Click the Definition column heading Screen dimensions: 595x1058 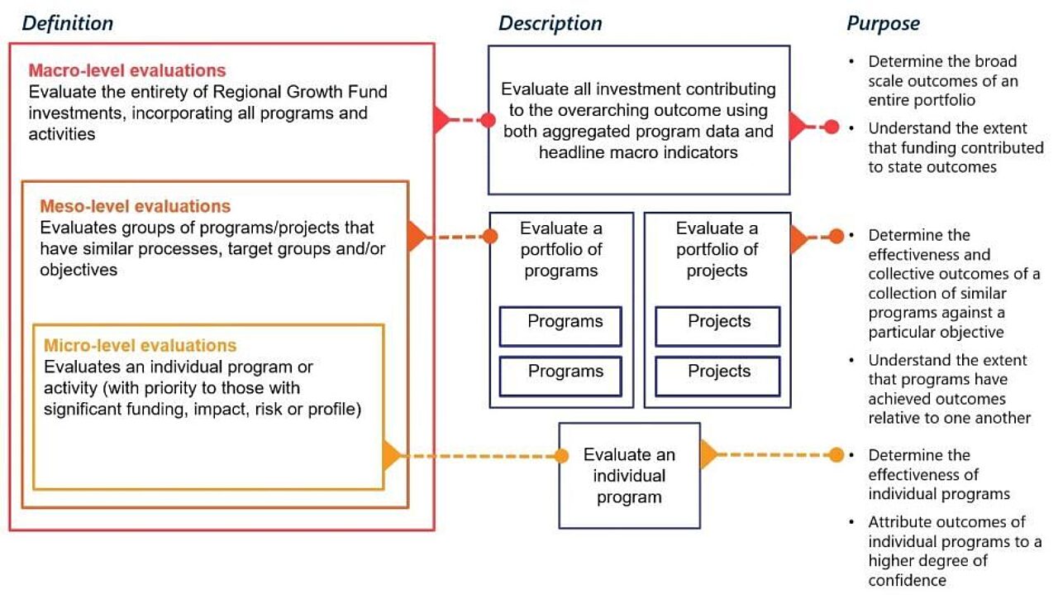68,23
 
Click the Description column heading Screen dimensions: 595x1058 550,23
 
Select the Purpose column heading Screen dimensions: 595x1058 883,23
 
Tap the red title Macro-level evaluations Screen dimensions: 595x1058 127,70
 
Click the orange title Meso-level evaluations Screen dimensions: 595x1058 136,206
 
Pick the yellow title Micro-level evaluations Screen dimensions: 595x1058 141,345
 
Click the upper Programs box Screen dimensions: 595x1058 560,325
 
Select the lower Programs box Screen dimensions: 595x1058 560,375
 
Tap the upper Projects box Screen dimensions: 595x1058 717,325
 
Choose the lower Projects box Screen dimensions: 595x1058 717,375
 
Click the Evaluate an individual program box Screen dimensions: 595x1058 629,475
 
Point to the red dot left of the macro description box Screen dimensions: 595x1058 488,121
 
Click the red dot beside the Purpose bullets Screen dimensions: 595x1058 832,127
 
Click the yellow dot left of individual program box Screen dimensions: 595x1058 561,455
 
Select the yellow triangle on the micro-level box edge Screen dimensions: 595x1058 391,455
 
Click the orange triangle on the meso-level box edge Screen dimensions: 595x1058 416,237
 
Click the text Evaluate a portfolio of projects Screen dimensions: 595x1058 717,249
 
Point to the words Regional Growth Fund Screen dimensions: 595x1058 303,92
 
